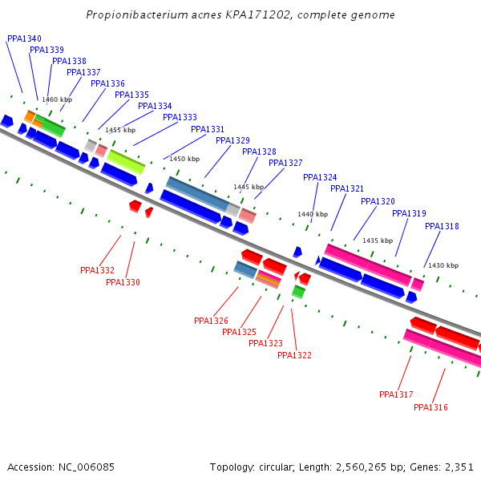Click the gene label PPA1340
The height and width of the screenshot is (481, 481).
[x=24, y=38]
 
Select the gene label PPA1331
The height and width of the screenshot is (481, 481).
[x=208, y=129]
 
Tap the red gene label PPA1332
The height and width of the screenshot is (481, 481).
[x=97, y=270]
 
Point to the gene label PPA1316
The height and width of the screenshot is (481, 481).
[x=430, y=407]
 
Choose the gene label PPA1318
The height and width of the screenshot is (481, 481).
[x=442, y=226]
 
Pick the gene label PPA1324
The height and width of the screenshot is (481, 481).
[x=320, y=177]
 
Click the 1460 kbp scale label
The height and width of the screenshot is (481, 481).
[x=57, y=99]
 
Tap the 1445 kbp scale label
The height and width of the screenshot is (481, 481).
[x=249, y=187]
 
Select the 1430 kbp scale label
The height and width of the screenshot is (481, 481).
[x=443, y=265]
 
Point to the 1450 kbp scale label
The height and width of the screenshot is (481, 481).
[x=184, y=159]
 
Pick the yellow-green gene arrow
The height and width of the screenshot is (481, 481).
[x=127, y=162]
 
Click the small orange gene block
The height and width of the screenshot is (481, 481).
[x=29, y=117]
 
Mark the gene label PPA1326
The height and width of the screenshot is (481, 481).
[x=211, y=321]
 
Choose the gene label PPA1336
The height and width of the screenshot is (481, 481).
[x=107, y=83]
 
